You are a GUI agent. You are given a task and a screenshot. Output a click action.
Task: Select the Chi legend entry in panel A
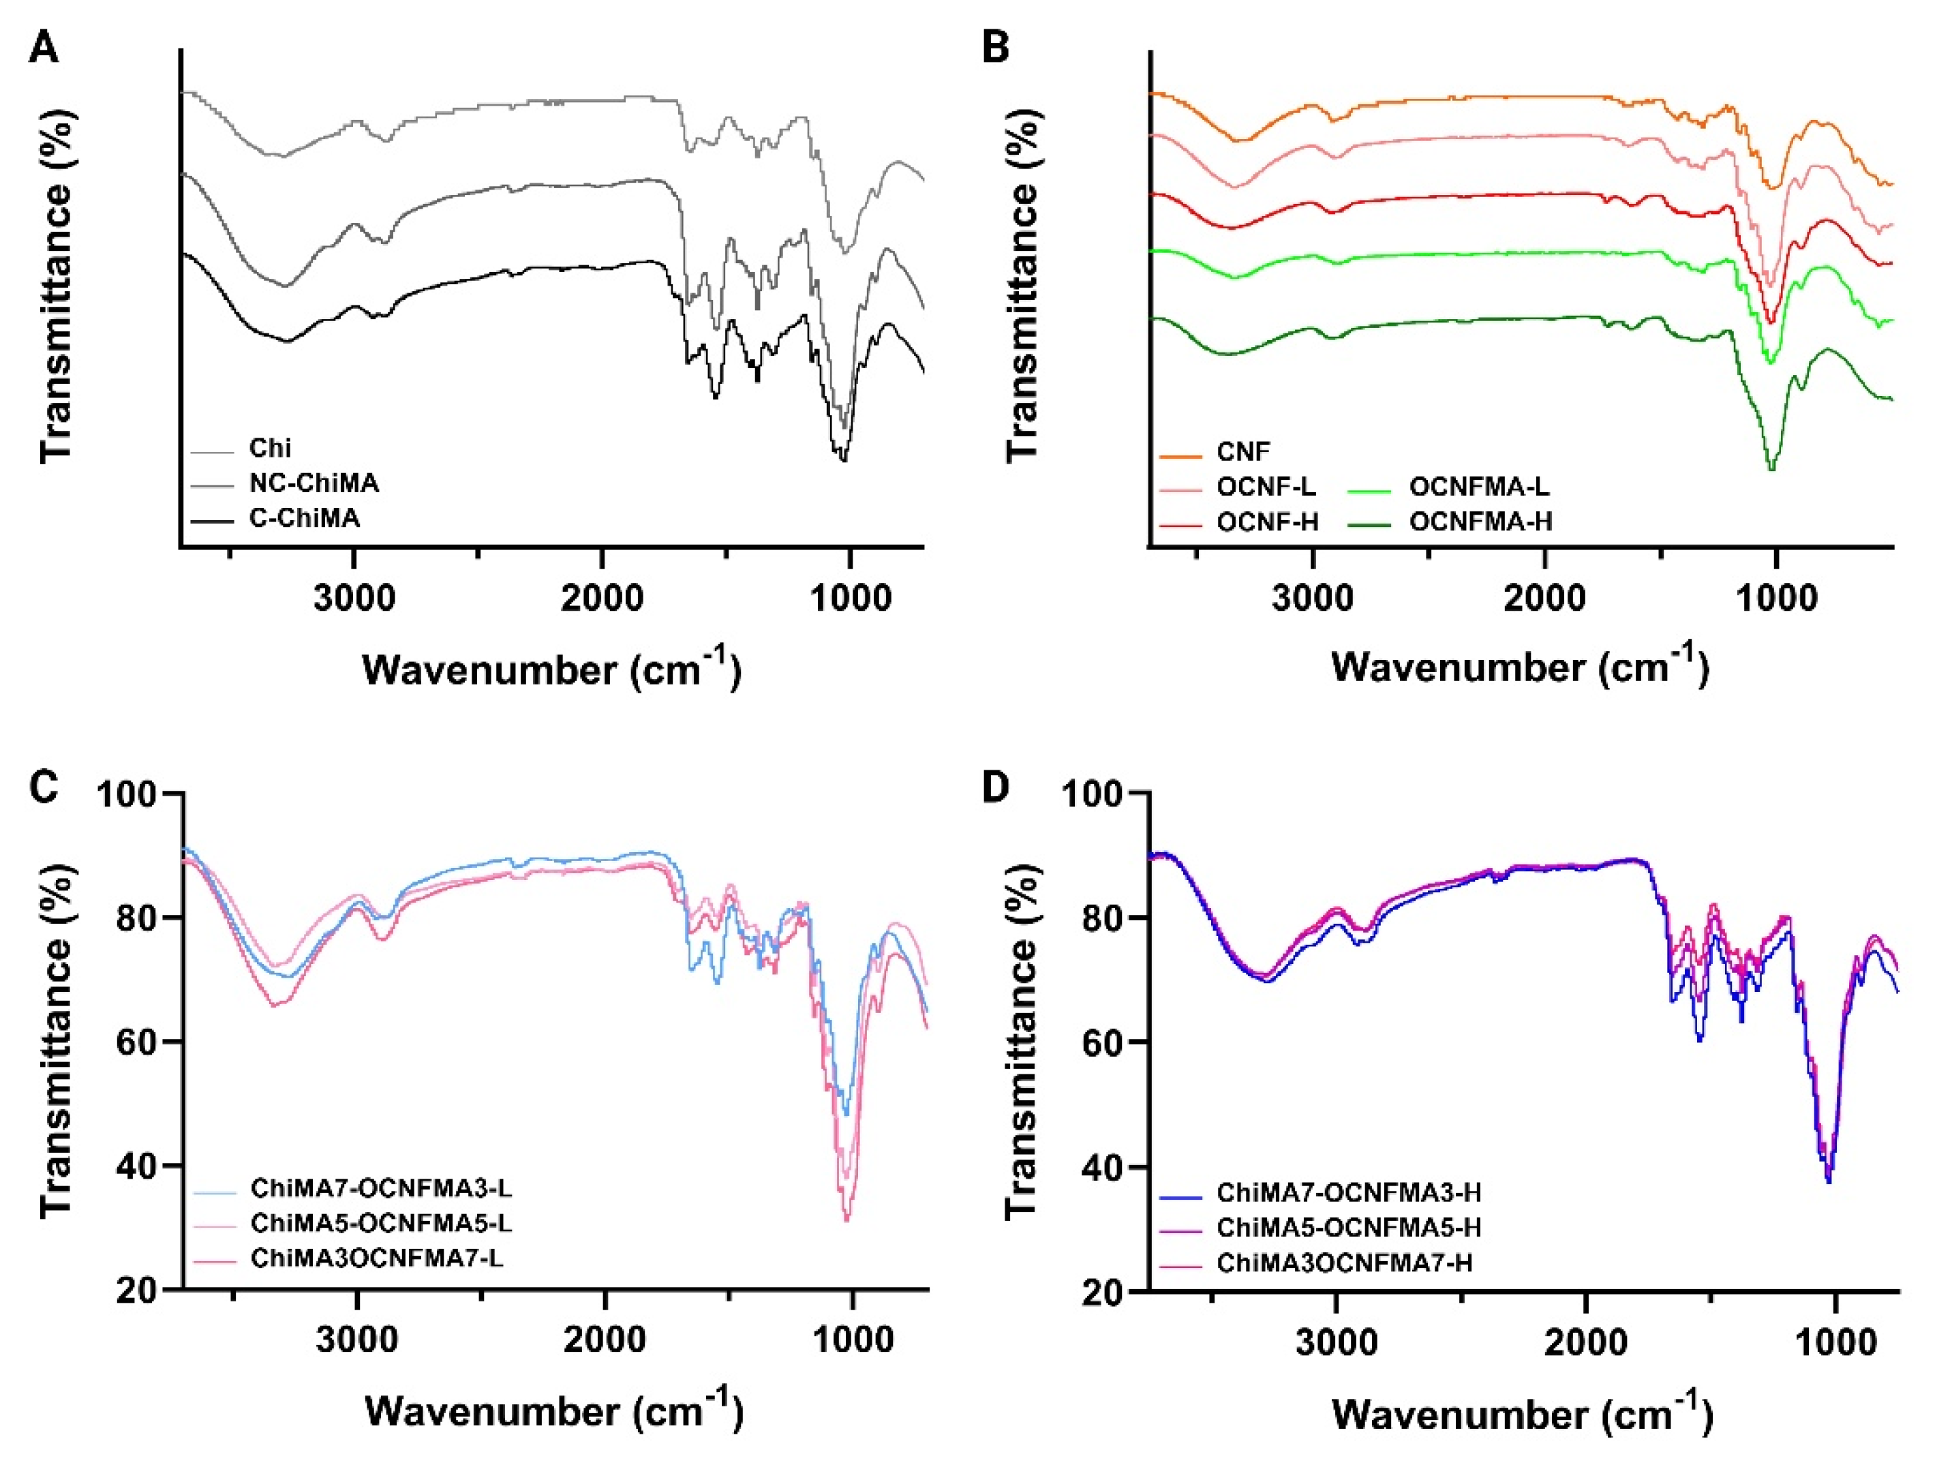269,449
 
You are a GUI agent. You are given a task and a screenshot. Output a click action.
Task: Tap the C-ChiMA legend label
305,519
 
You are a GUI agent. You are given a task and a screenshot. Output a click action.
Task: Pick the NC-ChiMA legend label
314,483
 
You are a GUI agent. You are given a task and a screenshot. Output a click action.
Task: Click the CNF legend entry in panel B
1243,452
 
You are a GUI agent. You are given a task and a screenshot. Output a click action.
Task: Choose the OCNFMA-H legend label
1481,522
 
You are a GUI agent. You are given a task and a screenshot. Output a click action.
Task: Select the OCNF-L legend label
1266,487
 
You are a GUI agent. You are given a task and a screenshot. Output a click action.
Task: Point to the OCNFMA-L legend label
1479,487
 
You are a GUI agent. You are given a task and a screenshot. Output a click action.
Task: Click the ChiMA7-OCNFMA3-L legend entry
380,1188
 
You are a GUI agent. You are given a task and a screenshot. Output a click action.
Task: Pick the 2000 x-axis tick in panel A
603,598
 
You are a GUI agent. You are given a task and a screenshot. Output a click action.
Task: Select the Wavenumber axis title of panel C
554,1410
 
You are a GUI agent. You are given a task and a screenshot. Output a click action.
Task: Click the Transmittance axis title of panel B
1021,286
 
